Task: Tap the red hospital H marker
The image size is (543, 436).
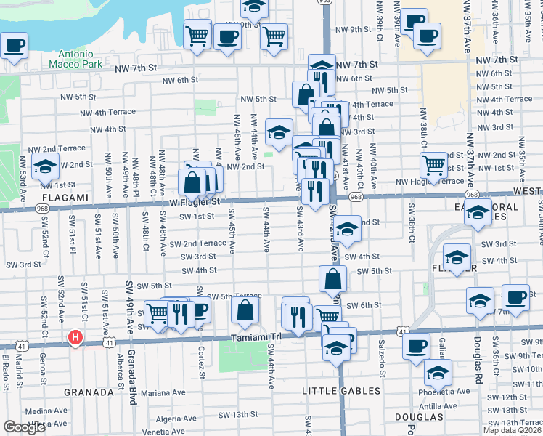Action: click(75, 337)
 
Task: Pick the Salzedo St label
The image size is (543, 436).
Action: click(380, 363)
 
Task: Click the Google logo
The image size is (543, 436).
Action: click(24, 427)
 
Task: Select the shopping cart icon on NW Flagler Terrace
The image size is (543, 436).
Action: click(433, 166)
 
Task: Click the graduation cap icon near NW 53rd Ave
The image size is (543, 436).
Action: click(46, 166)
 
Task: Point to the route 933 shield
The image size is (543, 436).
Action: click(325, 3)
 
